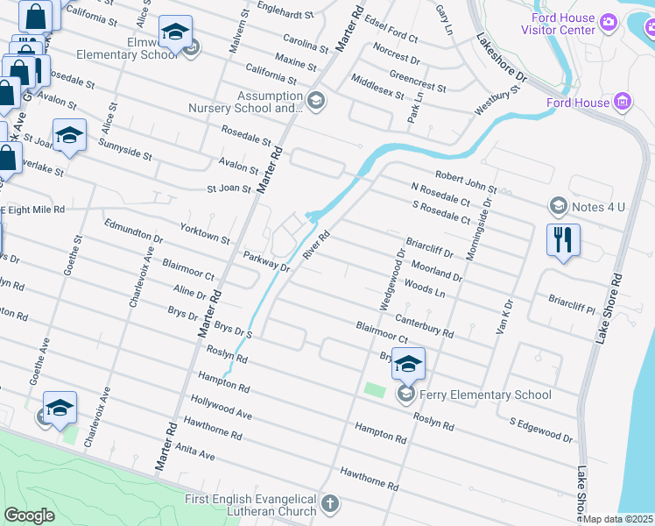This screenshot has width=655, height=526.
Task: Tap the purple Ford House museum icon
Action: click(x=623, y=103)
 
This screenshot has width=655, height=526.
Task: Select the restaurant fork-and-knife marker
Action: click(x=563, y=239)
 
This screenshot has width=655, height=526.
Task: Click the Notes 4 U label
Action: click(x=596, y=206)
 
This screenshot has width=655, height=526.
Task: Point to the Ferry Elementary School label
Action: click(x=484, y=394)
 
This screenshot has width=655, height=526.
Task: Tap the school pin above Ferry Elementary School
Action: click(x=408, y=363)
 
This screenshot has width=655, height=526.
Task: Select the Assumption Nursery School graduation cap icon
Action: click(x=316, y=102)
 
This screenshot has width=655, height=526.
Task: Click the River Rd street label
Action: click(x=316, y=245)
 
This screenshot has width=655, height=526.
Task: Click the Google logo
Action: click(x=29, y=515)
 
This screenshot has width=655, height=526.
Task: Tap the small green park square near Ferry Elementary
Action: click(x=374, y=389)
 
